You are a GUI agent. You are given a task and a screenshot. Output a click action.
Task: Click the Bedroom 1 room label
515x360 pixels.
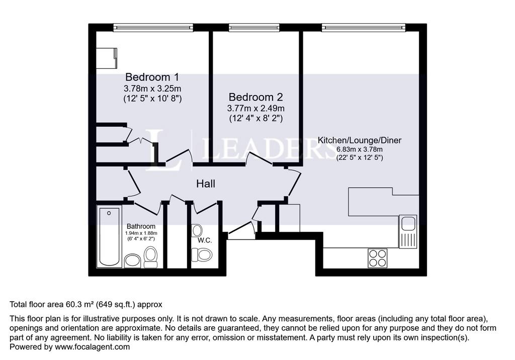[x=152, y=77]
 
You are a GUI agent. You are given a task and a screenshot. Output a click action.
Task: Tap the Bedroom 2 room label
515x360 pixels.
[x=255, y=97]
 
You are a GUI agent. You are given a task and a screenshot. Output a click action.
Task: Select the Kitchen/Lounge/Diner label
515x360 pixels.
[x=359, y=140]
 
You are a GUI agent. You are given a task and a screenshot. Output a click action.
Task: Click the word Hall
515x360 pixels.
[x=206, y=184]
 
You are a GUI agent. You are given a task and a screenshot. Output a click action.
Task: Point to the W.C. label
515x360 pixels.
[x=205, y=240]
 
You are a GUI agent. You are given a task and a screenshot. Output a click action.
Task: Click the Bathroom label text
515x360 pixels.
[x=141, y=226]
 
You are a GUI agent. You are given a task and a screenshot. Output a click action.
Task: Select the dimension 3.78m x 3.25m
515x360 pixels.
[x=152, y=88]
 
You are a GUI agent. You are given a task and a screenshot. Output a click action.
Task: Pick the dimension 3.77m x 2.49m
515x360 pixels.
[x=255, y=108]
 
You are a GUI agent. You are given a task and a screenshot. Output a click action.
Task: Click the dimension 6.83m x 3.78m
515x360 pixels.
[x=359, y=149]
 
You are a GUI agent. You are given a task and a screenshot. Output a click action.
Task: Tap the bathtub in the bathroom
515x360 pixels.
[x=110, y=236]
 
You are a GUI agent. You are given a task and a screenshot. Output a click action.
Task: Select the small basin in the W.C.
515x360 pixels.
[x=197, y=230]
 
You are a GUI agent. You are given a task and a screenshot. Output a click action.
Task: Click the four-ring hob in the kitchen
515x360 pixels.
[x=377, y=258]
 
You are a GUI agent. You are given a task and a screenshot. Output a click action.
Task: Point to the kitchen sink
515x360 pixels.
[x=408, y=231]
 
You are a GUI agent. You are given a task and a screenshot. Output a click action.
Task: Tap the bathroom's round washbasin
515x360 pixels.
[x=132, y=260]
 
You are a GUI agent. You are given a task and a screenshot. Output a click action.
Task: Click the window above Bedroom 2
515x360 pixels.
[x=254, y=28]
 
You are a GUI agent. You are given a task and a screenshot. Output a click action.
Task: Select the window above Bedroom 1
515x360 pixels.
[x=153, y=28]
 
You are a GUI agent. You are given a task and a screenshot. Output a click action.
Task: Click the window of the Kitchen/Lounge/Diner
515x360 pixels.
[x=363, y=28]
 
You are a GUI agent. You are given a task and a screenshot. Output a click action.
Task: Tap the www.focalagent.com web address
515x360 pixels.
[x=92, y=347]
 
